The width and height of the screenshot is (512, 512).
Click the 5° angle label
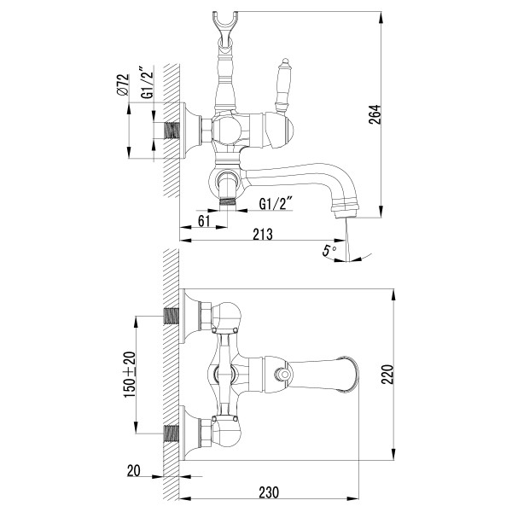pyautogui.click(x=328, y=251)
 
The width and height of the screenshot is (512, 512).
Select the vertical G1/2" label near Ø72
pyautogui.click(x=147, y=84)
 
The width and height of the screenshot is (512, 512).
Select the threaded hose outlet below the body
pyautogui.click(x=225, y=201)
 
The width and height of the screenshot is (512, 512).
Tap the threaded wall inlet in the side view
pyautogui.click(x=173, y=130)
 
